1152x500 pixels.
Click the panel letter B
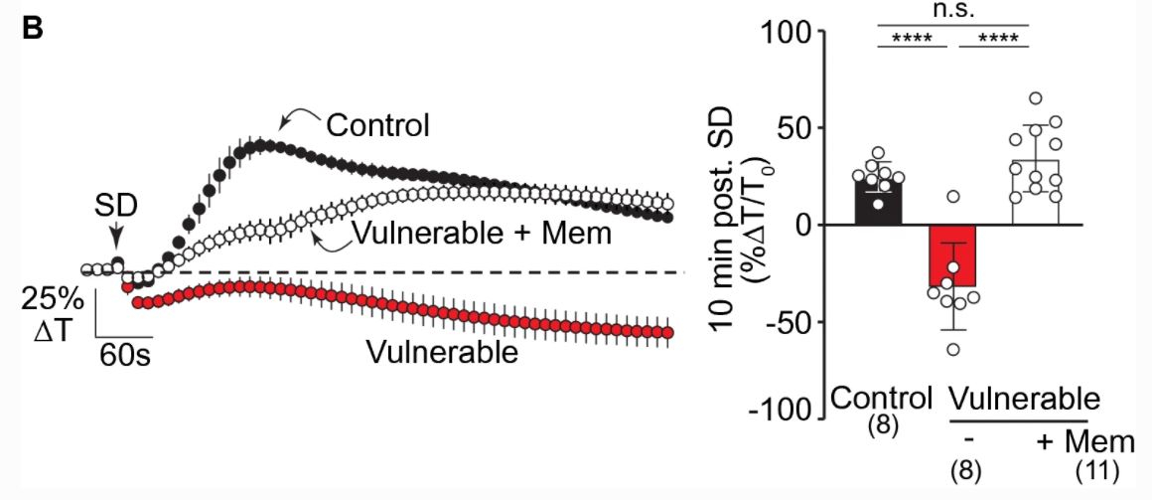33,28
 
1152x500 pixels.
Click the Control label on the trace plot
377,126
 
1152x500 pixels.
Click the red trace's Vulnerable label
442,352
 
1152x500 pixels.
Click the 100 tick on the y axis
787,32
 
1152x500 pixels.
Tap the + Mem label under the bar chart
1085,438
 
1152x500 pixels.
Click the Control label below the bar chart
882,400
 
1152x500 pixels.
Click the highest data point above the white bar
1035,98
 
